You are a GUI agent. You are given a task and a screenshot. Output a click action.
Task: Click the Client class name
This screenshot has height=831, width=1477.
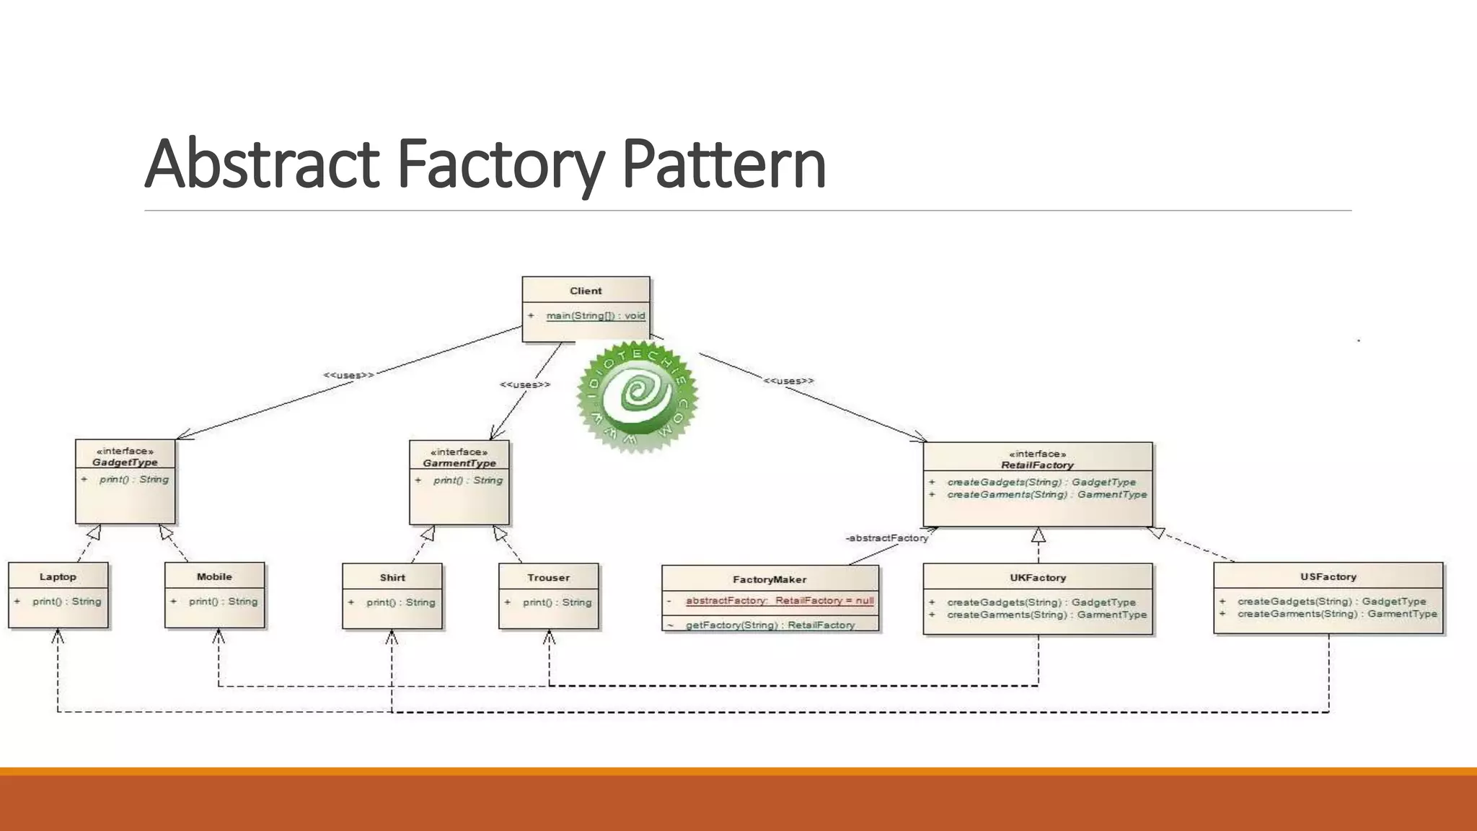point(586,291)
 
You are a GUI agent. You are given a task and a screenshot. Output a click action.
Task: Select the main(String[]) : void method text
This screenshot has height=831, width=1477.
point(595,316)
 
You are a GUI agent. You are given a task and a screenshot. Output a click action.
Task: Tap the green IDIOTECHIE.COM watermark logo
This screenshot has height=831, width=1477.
point(637,396)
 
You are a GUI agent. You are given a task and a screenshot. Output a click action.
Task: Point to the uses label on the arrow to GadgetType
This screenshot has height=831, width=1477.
point(348,375)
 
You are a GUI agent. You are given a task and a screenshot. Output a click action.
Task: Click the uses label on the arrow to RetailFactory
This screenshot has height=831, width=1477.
point(788,381)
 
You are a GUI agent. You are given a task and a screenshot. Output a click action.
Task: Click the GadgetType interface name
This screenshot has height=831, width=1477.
point(125,462)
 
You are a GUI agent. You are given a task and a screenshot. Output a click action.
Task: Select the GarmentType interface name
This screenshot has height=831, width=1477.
point(459,463)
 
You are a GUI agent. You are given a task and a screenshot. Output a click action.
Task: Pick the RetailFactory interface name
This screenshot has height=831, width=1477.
point(1037,465)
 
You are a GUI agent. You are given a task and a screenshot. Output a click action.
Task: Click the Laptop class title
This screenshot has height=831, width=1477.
point(58,577)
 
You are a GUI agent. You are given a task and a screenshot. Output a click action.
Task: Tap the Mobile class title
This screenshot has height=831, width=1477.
point(214,577)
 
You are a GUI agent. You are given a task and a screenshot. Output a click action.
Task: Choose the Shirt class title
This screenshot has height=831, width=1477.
point(392,578)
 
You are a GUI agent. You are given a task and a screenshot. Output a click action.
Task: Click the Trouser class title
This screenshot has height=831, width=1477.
point(548,578)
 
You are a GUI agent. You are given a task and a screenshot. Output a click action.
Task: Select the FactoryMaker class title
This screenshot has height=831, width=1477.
point(770,579)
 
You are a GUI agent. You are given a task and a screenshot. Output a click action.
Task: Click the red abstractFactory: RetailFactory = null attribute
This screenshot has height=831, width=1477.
point(779,601)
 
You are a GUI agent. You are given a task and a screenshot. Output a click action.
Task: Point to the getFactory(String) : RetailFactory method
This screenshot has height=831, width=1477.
point(770,625)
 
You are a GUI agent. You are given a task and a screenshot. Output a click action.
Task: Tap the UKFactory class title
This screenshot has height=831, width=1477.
point(1037,578)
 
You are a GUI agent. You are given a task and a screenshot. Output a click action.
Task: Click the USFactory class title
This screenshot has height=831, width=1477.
point(1328,577)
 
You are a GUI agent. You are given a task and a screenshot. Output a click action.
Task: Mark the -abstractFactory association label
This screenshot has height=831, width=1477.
point(886,538)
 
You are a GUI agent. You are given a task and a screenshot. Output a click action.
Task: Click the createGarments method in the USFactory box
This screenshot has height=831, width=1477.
point(1336,615)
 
